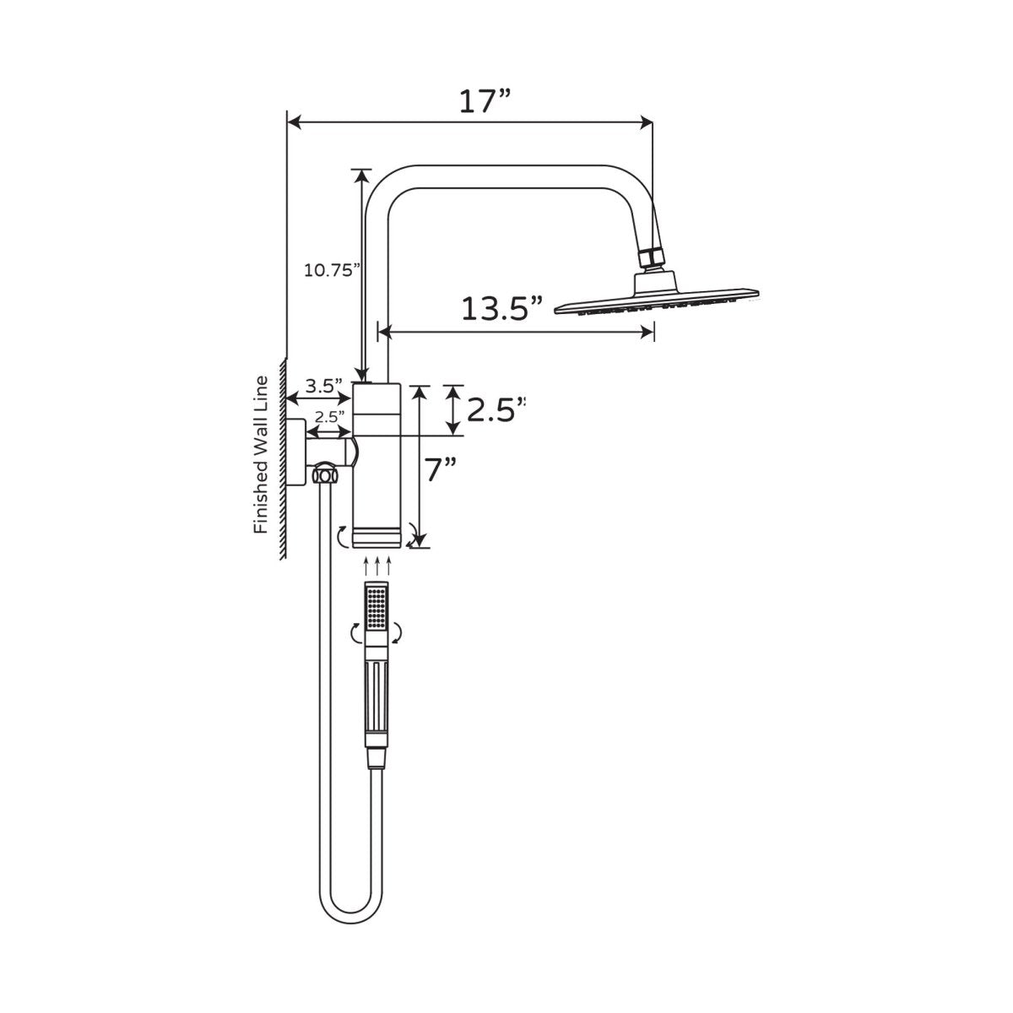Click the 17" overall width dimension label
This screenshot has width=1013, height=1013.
coord(485,100)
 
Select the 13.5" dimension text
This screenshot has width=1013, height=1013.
coord(501,309)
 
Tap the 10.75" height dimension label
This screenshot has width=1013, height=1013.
coord(332,270)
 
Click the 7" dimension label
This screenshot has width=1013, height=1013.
coord(440,469)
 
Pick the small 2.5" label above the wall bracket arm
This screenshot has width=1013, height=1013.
coord(330,416)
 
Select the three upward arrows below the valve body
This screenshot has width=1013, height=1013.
coord(376,564)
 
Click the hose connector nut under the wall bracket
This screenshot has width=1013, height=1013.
coord(322,474)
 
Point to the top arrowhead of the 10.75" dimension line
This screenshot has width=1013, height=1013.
coord(362,175)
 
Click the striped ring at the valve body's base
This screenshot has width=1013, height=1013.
coord(376,538)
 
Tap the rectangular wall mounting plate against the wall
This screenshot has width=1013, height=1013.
coord(296,452)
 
